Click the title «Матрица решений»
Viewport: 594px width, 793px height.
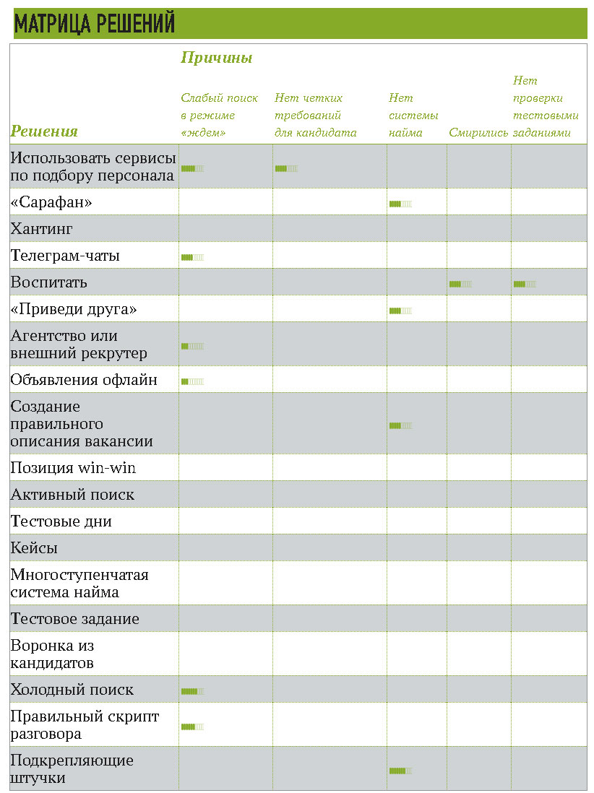tap(95, 24)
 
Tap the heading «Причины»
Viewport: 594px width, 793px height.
tap(216, 58)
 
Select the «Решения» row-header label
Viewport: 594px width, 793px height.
tap(44, 131)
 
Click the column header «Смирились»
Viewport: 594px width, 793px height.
tap(478, 132)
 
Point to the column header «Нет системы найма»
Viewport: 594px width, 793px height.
tap(413, 116)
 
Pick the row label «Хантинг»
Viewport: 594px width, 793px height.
tap(41, 229)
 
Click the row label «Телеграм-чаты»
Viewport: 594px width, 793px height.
tap(65, 256)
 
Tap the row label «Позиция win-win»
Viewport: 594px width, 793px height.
tap(73, 468)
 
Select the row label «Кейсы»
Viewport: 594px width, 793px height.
tap(34, 548)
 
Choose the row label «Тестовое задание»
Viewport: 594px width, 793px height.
tap(74, 619)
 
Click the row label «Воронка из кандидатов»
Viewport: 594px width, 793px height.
tap(52, 654)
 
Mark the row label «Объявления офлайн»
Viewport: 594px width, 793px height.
tap(83, 380)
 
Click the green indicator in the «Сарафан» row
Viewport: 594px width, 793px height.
tap(400, 204)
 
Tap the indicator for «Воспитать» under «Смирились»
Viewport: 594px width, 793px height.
tap(460, 284)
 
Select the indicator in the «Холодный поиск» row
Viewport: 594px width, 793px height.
tap(192, 691)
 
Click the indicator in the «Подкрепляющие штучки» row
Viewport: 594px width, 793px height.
tap(400, 771)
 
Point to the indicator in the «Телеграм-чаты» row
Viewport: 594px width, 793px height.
tap(192, 257)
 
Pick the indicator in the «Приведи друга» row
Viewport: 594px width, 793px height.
tap(400, 311)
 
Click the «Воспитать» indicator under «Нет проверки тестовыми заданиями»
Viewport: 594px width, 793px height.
tap(525, 284)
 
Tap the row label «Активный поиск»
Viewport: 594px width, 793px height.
tap(72, 495)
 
